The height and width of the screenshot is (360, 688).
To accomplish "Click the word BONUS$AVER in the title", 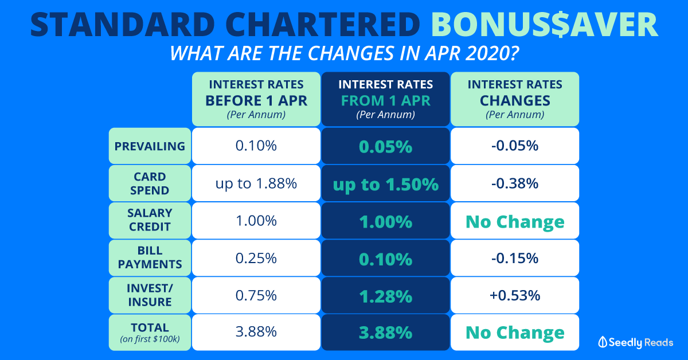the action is [x=544, y=25].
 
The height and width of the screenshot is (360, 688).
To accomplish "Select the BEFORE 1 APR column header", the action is [x=256, y=99].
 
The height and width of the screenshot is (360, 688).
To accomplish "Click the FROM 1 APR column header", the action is [x=385, y=99].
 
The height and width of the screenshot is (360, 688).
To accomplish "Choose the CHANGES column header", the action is [x=515, y=99].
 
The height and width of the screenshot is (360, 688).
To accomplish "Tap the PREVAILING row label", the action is [x=150, y=146].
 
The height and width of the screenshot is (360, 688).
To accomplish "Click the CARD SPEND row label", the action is [x=150, y=183].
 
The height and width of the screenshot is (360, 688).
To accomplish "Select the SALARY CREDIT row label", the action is [x=150, y=220].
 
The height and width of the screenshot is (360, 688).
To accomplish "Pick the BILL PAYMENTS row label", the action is [x=150, y=258].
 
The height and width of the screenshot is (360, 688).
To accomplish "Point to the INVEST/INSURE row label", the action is [x=150, y=295].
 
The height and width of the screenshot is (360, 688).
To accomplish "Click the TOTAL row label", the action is [x=150, y=332].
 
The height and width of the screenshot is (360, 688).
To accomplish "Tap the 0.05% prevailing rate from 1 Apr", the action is [x=385, y=147].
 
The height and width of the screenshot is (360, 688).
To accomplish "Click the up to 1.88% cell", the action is [x=256, y=183].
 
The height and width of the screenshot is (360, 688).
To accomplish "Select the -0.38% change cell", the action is [x=515, y=183].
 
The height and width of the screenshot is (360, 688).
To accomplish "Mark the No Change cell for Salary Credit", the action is [x=515, y=221].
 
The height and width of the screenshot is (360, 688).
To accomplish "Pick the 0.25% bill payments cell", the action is [x=256, y=258].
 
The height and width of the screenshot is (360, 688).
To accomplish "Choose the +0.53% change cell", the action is [x=515, y=295].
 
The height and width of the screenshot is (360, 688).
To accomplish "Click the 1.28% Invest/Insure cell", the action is [x=385, y=296].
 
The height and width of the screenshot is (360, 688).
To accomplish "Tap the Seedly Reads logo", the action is [x=635, y=342].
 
